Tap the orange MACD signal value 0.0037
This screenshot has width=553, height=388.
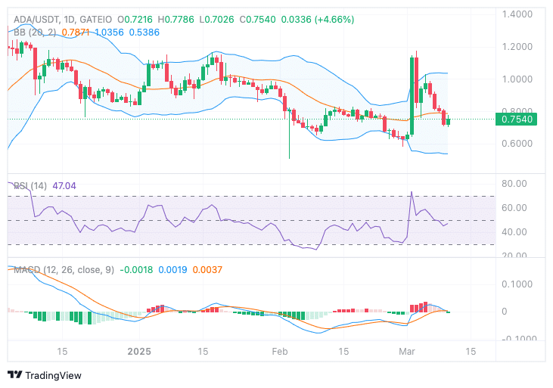(207, 270)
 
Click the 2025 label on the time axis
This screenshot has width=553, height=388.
(140, 352)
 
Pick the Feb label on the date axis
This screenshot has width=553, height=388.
(280, 352)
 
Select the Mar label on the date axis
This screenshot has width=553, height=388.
(407, 352)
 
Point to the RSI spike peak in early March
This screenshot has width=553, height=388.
(412, 192)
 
